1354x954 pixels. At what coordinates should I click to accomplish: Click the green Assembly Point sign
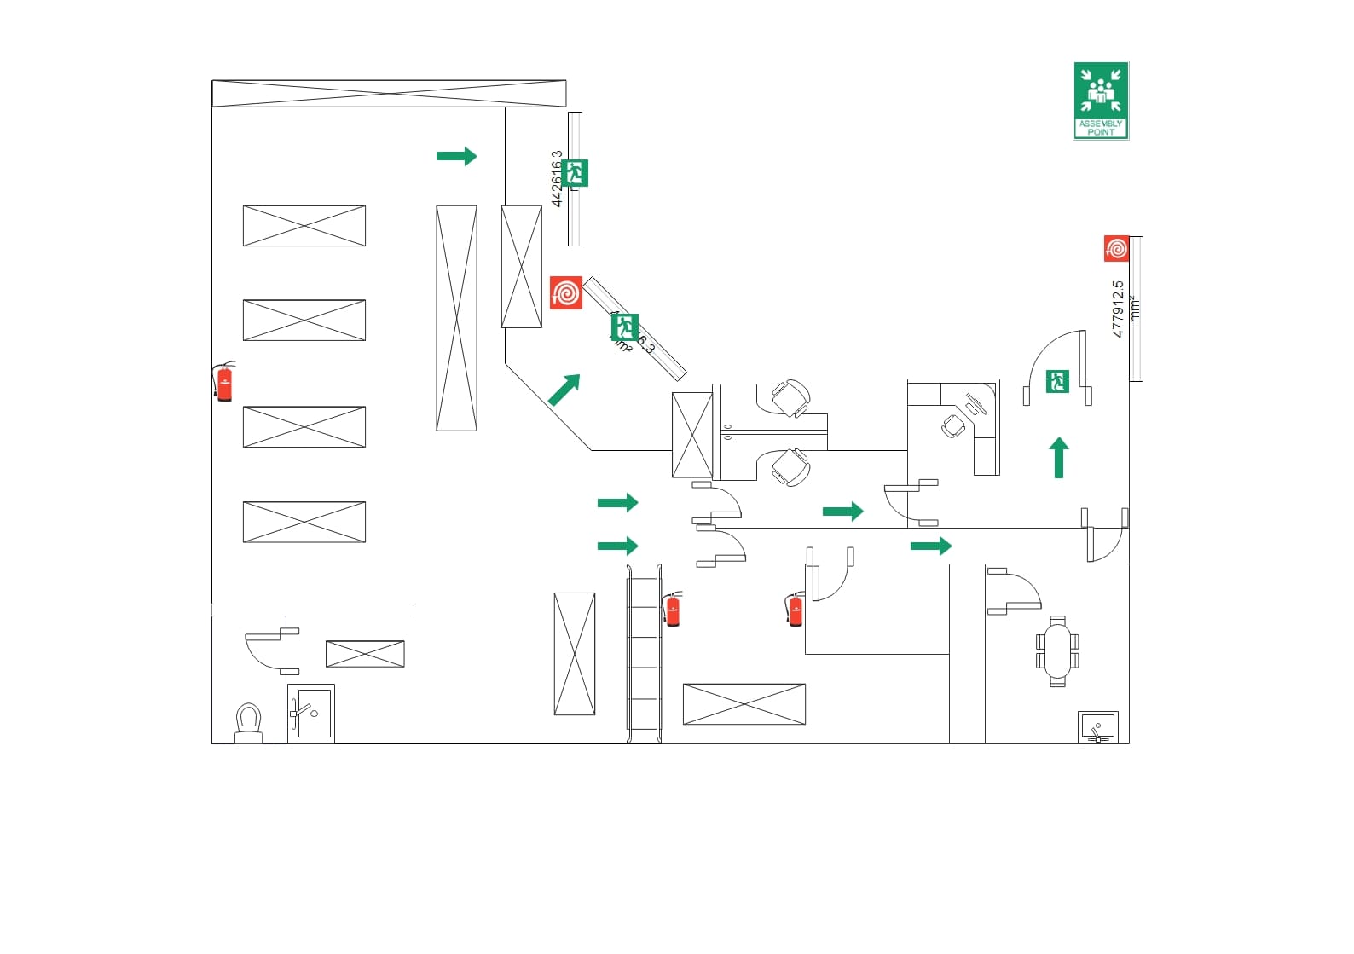tap(1101, 101)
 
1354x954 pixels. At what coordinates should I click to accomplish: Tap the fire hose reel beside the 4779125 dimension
tap(1116, 249)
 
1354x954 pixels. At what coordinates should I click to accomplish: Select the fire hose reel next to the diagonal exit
tap(566, 292)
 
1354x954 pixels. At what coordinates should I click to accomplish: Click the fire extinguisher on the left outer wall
tap(224, 381)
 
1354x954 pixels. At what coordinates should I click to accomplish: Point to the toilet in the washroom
tap(248, 723)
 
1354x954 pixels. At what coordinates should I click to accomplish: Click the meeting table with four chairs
tap(1057, 651)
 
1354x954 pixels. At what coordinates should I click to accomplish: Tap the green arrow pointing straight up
tap(1059, 458)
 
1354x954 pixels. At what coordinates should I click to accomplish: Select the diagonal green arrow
tap(564, 390)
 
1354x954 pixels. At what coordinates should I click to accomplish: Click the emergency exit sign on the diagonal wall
tap(625, 327)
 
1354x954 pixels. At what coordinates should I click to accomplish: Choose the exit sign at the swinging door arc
tap(1057, 381)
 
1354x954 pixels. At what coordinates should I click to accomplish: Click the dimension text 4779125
tap(1119, 309)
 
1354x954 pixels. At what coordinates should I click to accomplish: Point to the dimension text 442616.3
tap(557, 179)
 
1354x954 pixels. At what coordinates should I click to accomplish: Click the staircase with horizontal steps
tap(644, 657)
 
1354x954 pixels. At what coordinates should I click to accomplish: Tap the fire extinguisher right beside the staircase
tap(673, 609)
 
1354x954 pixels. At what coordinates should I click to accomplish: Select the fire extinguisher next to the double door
tap(795, 609)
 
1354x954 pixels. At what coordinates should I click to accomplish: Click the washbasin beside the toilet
tap(310, 714)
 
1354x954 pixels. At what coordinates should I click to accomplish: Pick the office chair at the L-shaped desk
tap(953, 425)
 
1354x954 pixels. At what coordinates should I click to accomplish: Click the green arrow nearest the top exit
tap(457, 156)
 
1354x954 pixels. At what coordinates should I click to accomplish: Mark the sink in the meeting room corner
tap(1097, 728)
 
